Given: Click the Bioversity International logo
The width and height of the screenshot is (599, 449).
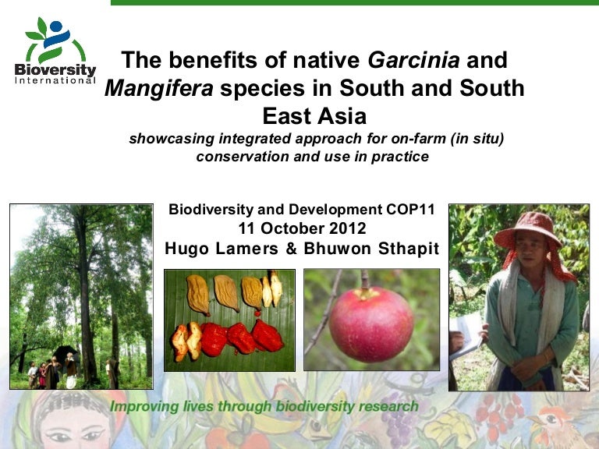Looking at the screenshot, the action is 55,51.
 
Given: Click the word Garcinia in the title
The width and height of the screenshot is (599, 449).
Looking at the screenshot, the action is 413,60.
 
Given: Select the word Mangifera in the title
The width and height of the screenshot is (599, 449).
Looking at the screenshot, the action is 158,88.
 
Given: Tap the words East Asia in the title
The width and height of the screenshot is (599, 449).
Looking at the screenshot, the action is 314,115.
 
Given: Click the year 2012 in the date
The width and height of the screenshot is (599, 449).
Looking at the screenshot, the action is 347,228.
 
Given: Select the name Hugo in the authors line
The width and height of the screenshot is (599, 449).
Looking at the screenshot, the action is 186,249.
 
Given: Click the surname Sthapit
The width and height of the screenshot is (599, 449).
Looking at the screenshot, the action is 409,249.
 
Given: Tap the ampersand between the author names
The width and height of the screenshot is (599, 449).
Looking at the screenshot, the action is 291,249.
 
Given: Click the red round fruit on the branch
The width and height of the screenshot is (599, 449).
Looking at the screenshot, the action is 371,324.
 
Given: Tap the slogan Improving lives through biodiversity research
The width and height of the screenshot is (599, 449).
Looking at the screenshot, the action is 264,406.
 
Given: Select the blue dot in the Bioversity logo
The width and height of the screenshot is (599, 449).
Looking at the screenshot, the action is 56,27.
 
